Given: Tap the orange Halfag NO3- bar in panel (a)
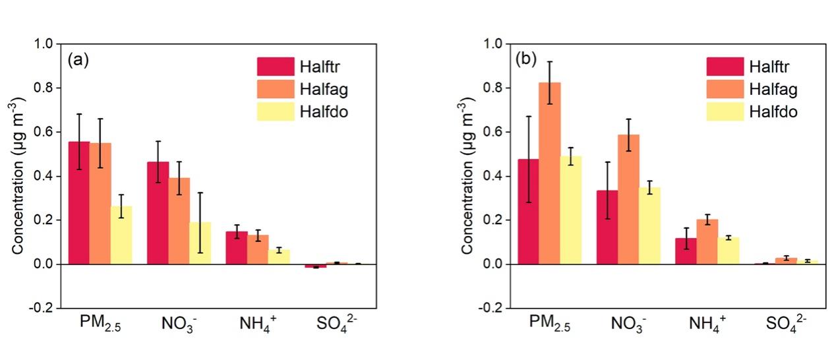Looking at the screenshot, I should pyautogui.click(x=179, y=221).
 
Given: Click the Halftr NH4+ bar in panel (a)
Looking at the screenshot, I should pyautogui.click(x=158, y=248).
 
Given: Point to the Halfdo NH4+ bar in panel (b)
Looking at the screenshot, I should pyautogui.click(x=728, y=251).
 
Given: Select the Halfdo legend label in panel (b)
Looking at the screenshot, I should pyautogui.click(x=773, y=112).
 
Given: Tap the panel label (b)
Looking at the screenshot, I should pyautogui.click(x=527, y=60).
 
